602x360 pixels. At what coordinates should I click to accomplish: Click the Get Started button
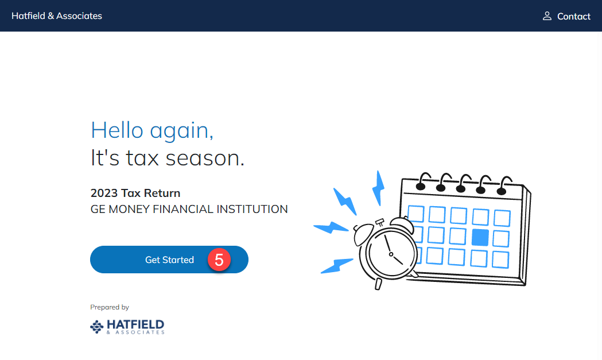(169, 260)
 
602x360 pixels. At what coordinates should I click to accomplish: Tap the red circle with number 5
(219, 260)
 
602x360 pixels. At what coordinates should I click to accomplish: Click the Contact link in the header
(573, 16)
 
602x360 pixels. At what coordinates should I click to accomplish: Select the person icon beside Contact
(547, 16)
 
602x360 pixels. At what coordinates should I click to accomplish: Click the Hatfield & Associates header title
(57, 16)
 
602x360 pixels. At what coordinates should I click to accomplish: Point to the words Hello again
(152, 131)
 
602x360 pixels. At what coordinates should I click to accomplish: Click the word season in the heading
(205, 158)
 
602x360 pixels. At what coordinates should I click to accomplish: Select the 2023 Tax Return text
(135, 193)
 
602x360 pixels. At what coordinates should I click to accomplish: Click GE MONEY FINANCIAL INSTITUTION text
(189, 209)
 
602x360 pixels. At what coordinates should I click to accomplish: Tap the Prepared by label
(110, 307)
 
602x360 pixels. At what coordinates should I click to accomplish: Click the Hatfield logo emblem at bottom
(97, 327)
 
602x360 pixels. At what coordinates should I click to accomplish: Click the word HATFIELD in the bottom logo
(135, 324)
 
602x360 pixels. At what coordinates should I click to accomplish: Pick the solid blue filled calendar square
(480, 238)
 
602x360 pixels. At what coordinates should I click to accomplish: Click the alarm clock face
(391, 254)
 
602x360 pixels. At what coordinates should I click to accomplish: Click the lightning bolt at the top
(379, 188)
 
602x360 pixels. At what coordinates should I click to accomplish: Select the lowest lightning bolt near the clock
(336, 265)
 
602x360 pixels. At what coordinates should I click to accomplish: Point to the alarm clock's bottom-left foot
(378, 284)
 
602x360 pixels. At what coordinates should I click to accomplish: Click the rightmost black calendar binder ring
(503, 186)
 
